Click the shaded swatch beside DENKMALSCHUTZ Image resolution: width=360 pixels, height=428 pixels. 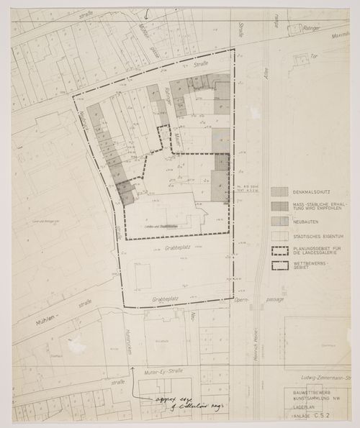[x=280, y=191]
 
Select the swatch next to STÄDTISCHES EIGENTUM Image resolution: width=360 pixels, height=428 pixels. [x=280, y=235]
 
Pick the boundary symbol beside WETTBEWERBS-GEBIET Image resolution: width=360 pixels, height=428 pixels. [x=280, y=265]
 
